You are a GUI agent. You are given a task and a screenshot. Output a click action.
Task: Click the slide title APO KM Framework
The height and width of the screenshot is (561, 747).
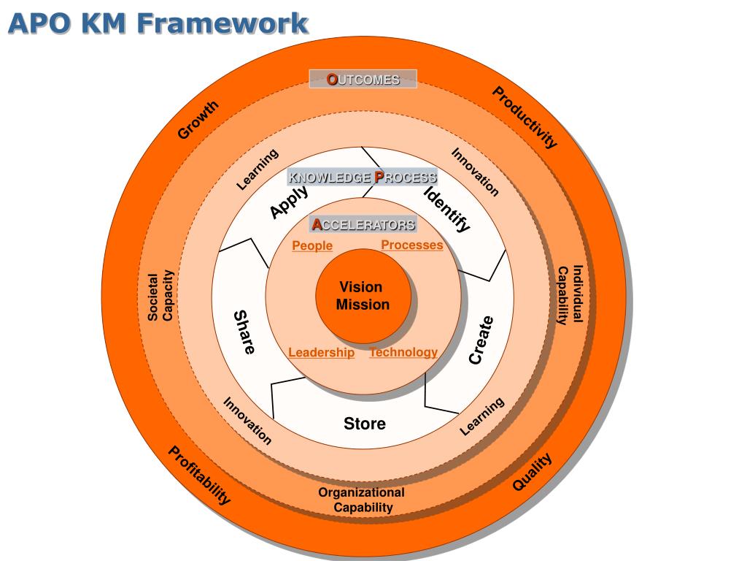click(158, 23)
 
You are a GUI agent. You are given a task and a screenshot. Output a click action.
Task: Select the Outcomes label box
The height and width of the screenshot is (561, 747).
click(363, 80)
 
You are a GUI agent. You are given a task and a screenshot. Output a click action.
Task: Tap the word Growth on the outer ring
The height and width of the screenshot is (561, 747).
click(198, 120)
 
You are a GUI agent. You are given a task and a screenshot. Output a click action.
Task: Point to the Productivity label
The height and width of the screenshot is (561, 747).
click(525, 117)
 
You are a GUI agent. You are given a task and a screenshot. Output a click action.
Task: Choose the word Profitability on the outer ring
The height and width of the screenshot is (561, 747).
click(200, 476)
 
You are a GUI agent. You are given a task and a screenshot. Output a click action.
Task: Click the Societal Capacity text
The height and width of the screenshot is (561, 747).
click(160, 296)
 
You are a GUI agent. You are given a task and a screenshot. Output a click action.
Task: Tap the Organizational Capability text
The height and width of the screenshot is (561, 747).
click(362, 500)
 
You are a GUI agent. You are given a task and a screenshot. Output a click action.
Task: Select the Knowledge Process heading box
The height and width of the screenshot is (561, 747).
click(363, 177)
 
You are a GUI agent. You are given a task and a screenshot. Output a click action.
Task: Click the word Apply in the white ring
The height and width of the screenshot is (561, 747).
click(289, 202)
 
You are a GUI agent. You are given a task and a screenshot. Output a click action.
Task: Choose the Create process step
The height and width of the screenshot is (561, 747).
click(481, 340)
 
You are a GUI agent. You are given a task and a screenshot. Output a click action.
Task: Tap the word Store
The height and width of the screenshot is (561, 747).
click(365, 424)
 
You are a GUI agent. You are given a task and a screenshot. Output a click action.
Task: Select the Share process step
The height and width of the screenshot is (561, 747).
click(244, 332)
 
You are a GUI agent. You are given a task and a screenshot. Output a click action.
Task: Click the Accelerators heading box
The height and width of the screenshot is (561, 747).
click(363, 224)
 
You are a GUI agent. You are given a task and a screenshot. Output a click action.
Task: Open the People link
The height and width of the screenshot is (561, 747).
click(312, 246)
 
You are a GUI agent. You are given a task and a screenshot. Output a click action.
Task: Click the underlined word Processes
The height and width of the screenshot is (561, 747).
click(412, 245)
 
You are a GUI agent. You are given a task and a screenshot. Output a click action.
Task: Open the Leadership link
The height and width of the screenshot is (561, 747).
click(322, 353)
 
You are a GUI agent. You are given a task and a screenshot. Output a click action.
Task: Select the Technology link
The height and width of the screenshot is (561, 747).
click(403, 352)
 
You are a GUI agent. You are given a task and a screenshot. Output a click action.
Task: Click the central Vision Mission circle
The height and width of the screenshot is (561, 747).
click(363, 296)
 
